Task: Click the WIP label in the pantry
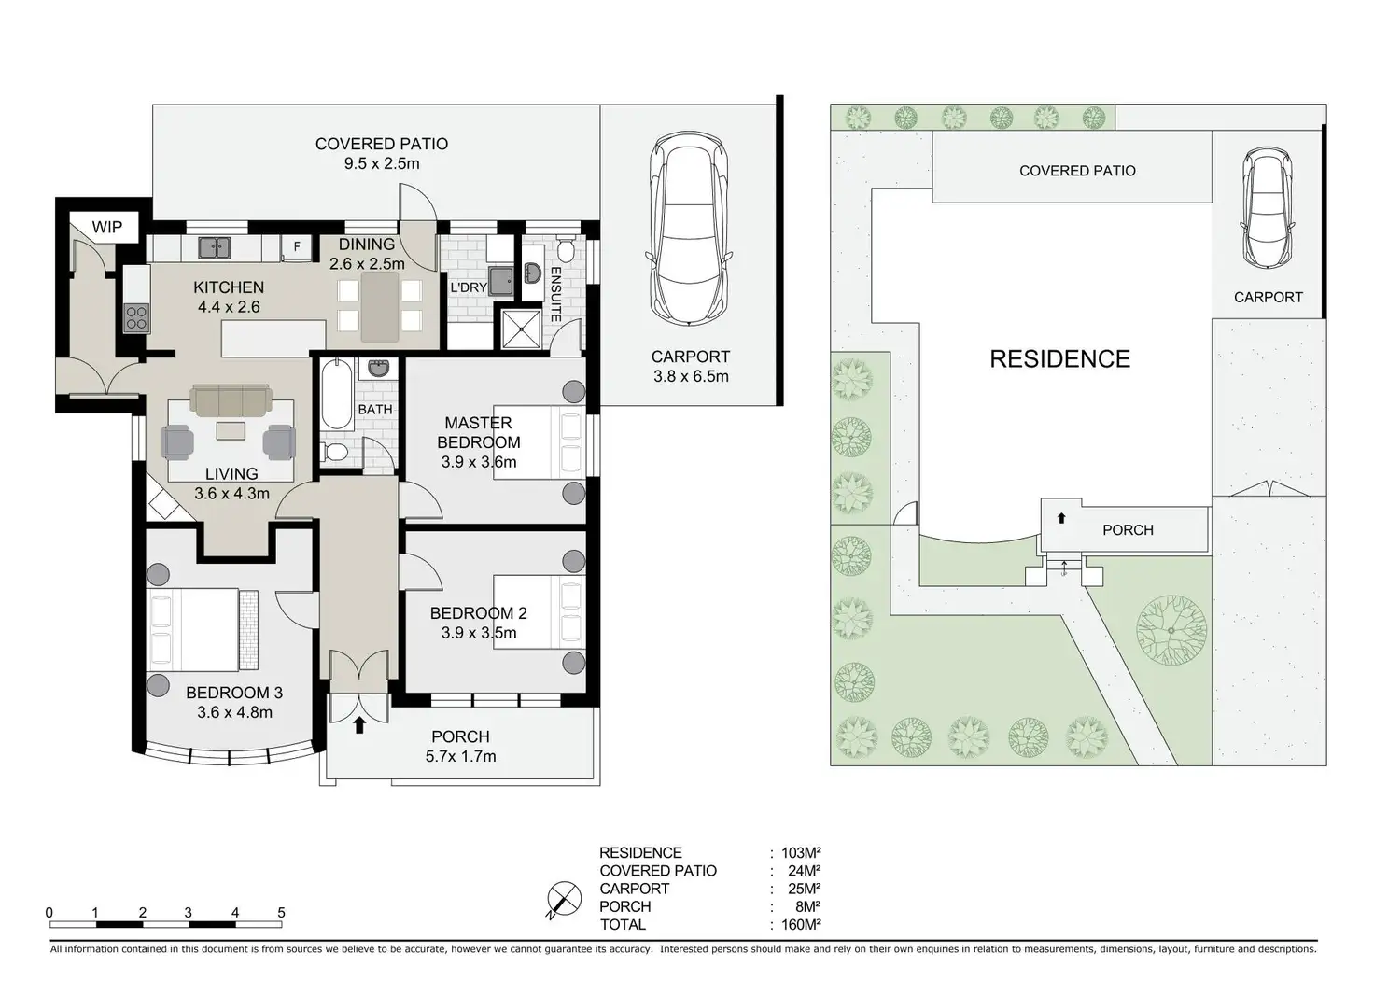coord(106,227)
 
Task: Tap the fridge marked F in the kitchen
coord(297,247)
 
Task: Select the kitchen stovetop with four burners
coord(136,318)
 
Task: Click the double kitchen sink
coord(214,248)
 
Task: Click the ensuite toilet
coord(565,248)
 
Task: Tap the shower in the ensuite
coord(522,329)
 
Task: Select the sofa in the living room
coord(231,400)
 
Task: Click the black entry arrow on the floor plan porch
coord(359,725)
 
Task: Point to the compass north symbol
coord(564,900)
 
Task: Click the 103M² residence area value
coord(801,852)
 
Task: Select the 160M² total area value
coord(801,924)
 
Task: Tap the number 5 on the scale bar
coord(281,912)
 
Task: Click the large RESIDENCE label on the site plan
coord(1059,359)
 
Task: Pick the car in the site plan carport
coord(1268,207)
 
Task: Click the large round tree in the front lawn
coord(1171,630)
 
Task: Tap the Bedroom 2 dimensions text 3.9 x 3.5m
coord(479,633)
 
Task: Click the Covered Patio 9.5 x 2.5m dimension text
coord(382,163)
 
